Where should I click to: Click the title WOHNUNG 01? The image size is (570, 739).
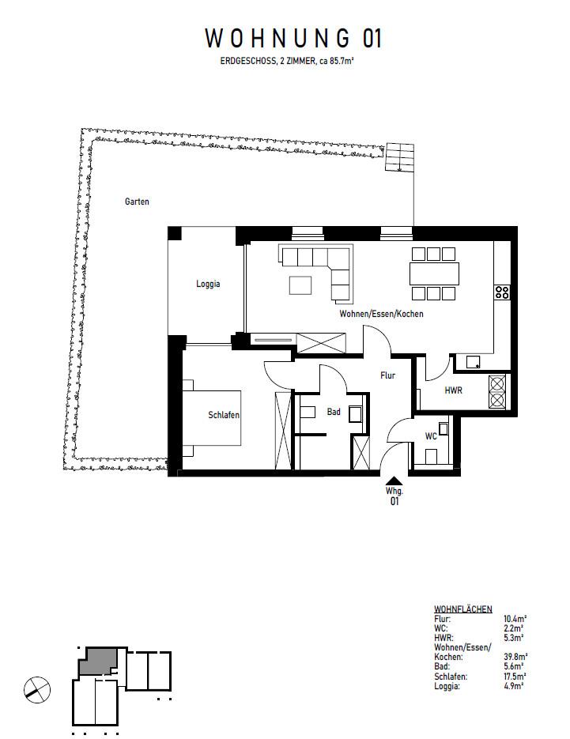pos(293,39)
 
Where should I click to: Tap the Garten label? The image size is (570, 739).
pos(137,202)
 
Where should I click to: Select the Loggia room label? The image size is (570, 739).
pos(208,284)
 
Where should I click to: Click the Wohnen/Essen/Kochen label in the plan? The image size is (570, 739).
pos(381,314)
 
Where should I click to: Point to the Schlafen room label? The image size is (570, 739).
pos(224,415)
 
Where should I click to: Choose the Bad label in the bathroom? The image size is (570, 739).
pos(334,411)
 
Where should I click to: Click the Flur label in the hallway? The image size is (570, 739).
pos(387,376)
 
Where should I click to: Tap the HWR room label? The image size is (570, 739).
pos(453,390)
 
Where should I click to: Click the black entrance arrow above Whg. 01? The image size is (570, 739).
pos(393,479)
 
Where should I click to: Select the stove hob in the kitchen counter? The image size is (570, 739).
pos(502,292)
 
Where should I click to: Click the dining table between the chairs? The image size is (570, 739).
pos(433,273)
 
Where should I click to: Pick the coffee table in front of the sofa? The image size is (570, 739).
pos(300,283)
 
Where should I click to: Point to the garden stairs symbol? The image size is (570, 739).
pos(399,158)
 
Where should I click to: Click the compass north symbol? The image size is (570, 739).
pos(37,688)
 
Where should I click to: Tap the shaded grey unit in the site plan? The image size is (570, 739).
pos(99,661)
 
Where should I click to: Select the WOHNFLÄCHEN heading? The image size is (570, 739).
pos(463,609)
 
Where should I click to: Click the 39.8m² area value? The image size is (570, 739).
pos(516,656)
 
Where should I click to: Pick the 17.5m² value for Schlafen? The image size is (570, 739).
pos(516,677)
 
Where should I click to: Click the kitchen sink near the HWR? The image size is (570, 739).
pos(472,362)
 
